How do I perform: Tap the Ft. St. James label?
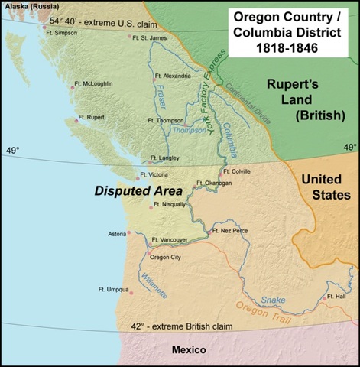(x=149, y=37)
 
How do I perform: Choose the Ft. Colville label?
(x=242, y=172)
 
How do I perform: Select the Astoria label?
(x=119, y=233)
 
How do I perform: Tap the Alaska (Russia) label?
(x=28, y=6)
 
